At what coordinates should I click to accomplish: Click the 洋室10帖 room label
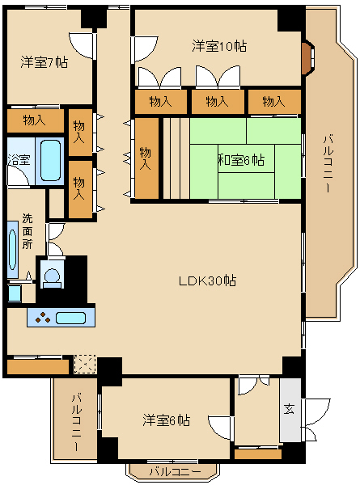click(x=219, y=46)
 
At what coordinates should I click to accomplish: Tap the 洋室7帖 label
click(x=44, y=61)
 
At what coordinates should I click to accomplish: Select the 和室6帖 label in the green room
click(x=239, y=160)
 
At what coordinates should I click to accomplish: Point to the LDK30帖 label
click(x=208, y=281)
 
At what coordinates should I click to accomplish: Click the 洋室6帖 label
click(x=167, y=420)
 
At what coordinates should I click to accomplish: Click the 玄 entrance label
click(x=289, y=409)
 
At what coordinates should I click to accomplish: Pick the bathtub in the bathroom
click(x=50, y=160)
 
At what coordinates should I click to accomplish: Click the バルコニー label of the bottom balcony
click(x=174, y=471)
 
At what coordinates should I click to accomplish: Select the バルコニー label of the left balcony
click(x=74, y=420)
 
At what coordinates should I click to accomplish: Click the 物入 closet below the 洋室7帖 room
click(x=34, y=120)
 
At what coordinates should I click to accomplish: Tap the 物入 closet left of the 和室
click(x=146, y=158)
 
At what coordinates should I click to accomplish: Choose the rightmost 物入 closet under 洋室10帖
click(x=274, y=102)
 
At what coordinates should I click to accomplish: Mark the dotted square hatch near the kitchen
click(x=84, y=363)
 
